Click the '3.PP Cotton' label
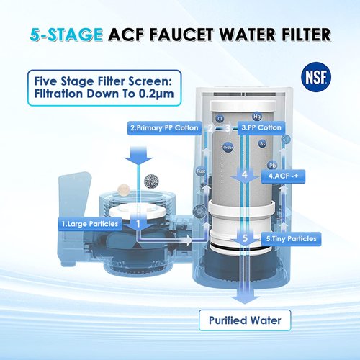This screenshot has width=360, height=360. [262, 127]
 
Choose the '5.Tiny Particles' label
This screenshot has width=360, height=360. [290, 238]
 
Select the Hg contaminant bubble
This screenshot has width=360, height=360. [256, 116]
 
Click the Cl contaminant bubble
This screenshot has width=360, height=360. [219, 119]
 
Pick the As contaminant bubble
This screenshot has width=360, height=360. [263, 144]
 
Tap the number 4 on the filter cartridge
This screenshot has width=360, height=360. [245, 174]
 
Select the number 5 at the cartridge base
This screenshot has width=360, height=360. [244, 238]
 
